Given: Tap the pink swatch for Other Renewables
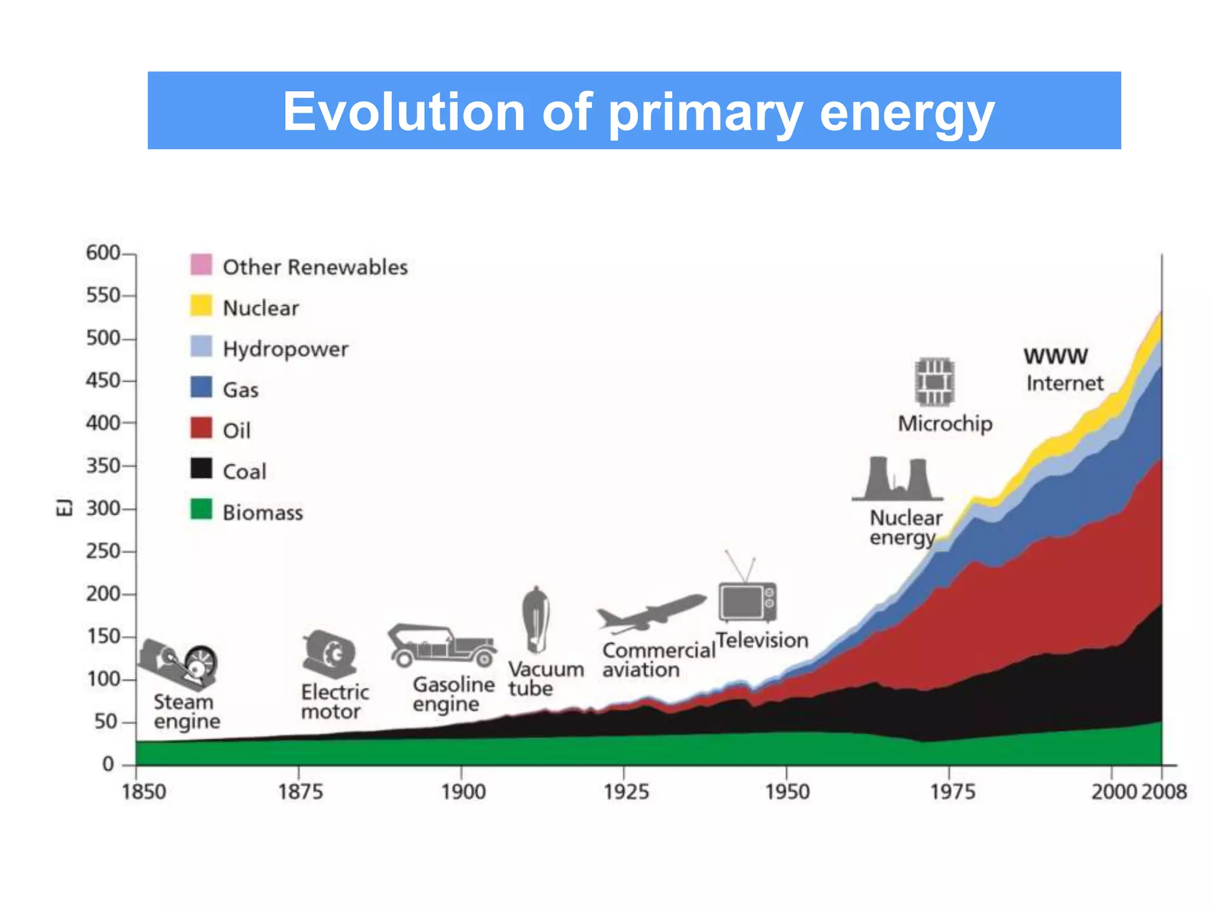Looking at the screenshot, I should tap(201, 265).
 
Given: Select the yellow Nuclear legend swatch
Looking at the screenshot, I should tap(201, 306).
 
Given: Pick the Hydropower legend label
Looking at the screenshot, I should tap(285, 349).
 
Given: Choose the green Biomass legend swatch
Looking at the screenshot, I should tap(201, 510).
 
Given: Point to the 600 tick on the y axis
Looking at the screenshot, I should tap(104, 253).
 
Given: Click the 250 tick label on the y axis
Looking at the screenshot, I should tap(104, 551).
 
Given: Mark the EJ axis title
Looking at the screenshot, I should tap(64, 507).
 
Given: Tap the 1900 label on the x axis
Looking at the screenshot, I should tap(463, 792).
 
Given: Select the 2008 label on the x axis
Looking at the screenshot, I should tap(1164, 792).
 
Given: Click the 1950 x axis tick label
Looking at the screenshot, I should tap(787, 792).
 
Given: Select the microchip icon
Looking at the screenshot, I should tap(934, 382).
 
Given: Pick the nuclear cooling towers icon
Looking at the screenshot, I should tap(897, 479).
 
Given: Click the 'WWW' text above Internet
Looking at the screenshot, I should tap(1056, 356).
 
